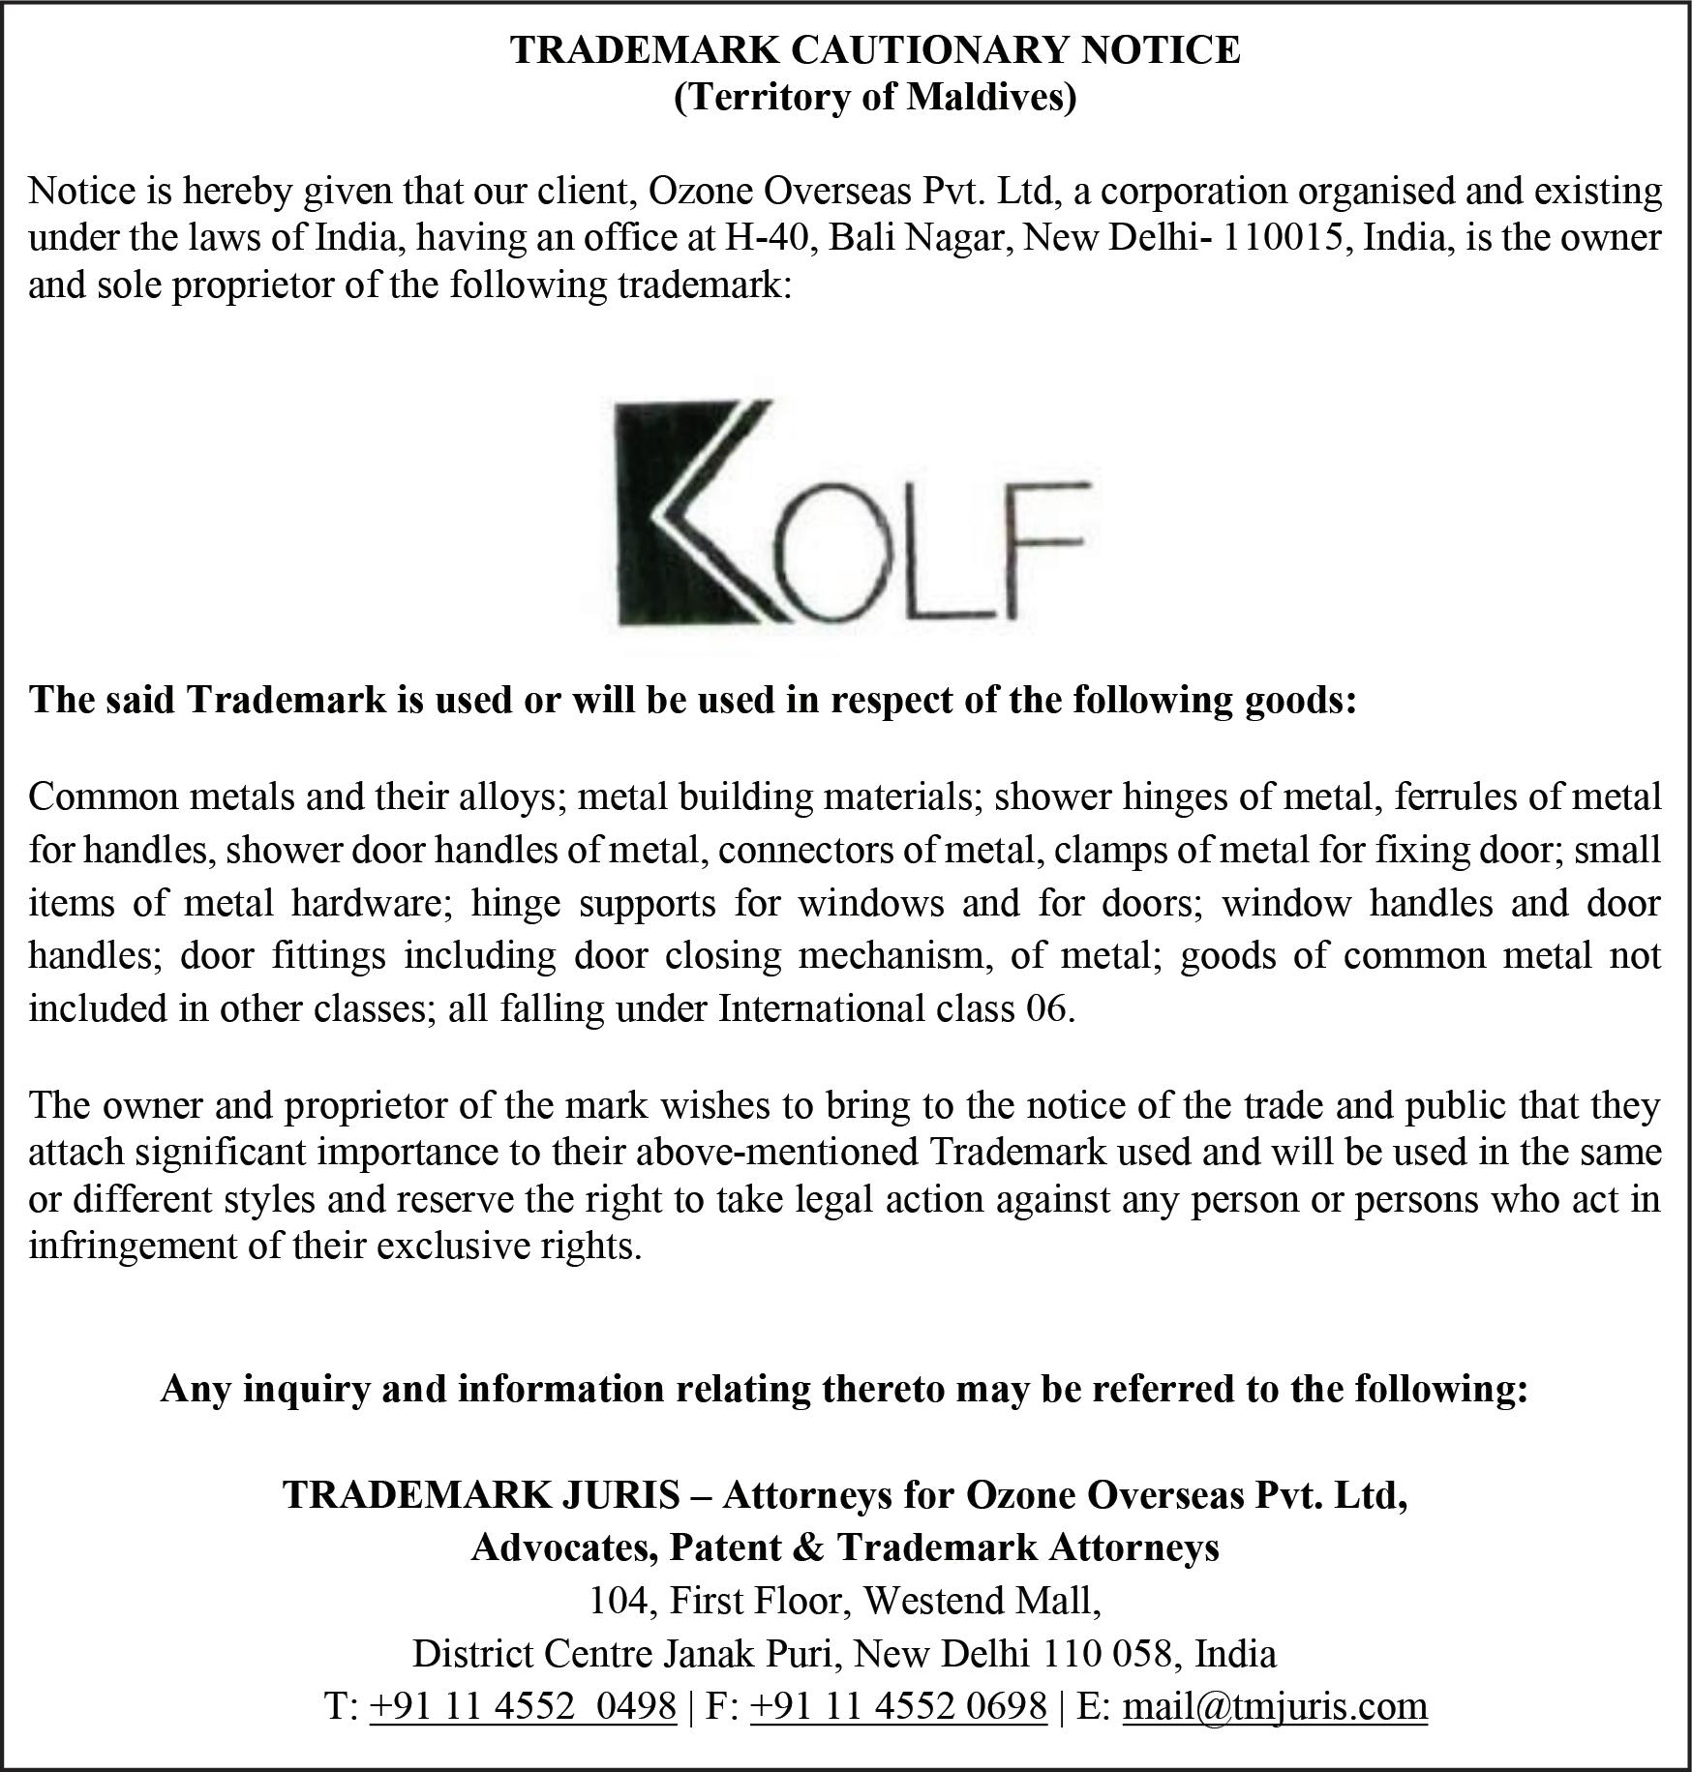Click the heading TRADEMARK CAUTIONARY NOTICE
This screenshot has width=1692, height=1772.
tap(875, 50)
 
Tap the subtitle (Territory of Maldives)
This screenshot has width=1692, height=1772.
tap(875, 98)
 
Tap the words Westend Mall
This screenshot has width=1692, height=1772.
tap(982, 1600)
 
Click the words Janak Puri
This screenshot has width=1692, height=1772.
tap(748, 1652)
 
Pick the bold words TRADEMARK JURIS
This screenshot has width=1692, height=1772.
tap(481, 1495)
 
